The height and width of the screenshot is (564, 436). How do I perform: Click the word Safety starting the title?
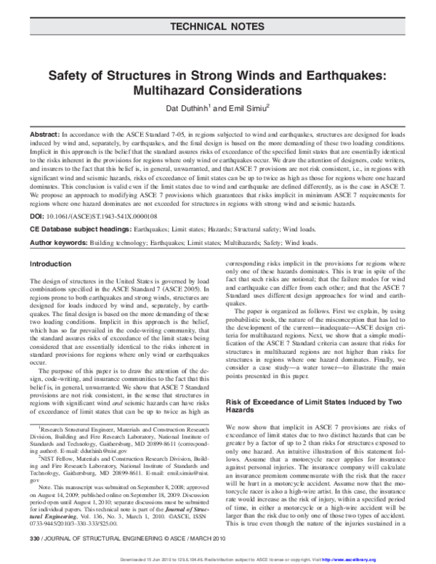point(68,74)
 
